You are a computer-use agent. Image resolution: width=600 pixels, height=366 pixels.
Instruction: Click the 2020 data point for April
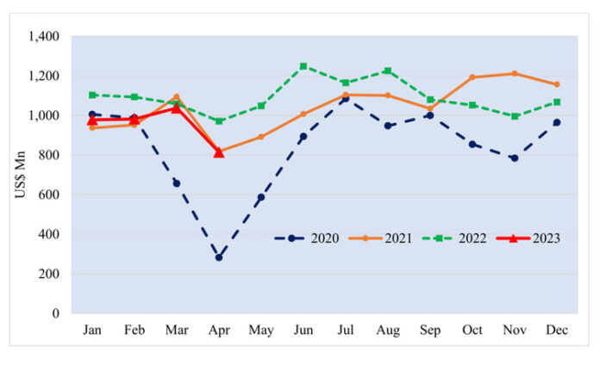[x=219, y=257]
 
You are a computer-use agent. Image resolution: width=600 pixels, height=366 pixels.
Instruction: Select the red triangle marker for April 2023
[x=219, y=152]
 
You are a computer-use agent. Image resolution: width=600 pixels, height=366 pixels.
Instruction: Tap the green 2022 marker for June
[x=303, y=66]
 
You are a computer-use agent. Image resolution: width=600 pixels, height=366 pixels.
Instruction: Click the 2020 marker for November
[x=515, y=158]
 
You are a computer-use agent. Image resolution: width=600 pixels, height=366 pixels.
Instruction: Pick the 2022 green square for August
[x=388, y=71]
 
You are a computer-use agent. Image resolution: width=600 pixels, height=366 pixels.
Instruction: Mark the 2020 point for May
[x=261, y=197]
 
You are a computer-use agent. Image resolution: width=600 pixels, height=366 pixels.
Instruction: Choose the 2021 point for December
[x=557, y=84]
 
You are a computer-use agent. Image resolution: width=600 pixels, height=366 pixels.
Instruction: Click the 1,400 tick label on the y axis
[x=43, y=37]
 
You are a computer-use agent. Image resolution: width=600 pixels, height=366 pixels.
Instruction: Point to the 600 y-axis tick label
[x=48, y=195]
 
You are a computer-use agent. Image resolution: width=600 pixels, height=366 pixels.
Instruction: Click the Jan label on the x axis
[x=92, y=330]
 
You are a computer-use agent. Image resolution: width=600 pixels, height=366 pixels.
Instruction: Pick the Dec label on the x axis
[x=557, y=330]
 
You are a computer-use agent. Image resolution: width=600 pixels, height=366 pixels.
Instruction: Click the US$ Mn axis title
[x=20, y=176]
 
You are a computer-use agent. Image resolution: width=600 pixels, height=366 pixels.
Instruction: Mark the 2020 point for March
[x=177, y=183]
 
